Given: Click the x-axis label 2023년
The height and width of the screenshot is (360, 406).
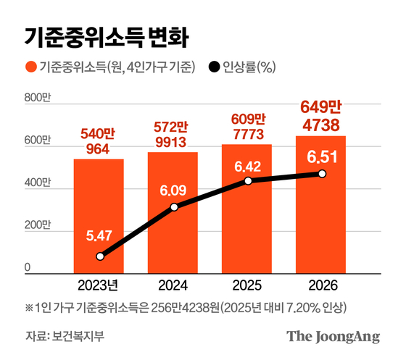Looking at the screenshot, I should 98,283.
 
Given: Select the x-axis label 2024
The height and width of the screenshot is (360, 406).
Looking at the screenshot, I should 173,283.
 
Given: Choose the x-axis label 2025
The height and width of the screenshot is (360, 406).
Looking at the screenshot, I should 247,283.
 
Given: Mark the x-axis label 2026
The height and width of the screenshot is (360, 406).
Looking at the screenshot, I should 321,283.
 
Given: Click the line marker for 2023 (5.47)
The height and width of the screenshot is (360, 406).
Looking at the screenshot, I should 100,256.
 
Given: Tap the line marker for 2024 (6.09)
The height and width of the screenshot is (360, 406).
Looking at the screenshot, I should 174,208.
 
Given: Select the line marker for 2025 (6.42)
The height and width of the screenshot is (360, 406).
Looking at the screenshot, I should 248,180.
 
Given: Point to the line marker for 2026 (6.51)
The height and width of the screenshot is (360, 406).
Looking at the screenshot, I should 322,174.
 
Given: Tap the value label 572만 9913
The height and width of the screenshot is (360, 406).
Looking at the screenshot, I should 173,133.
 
